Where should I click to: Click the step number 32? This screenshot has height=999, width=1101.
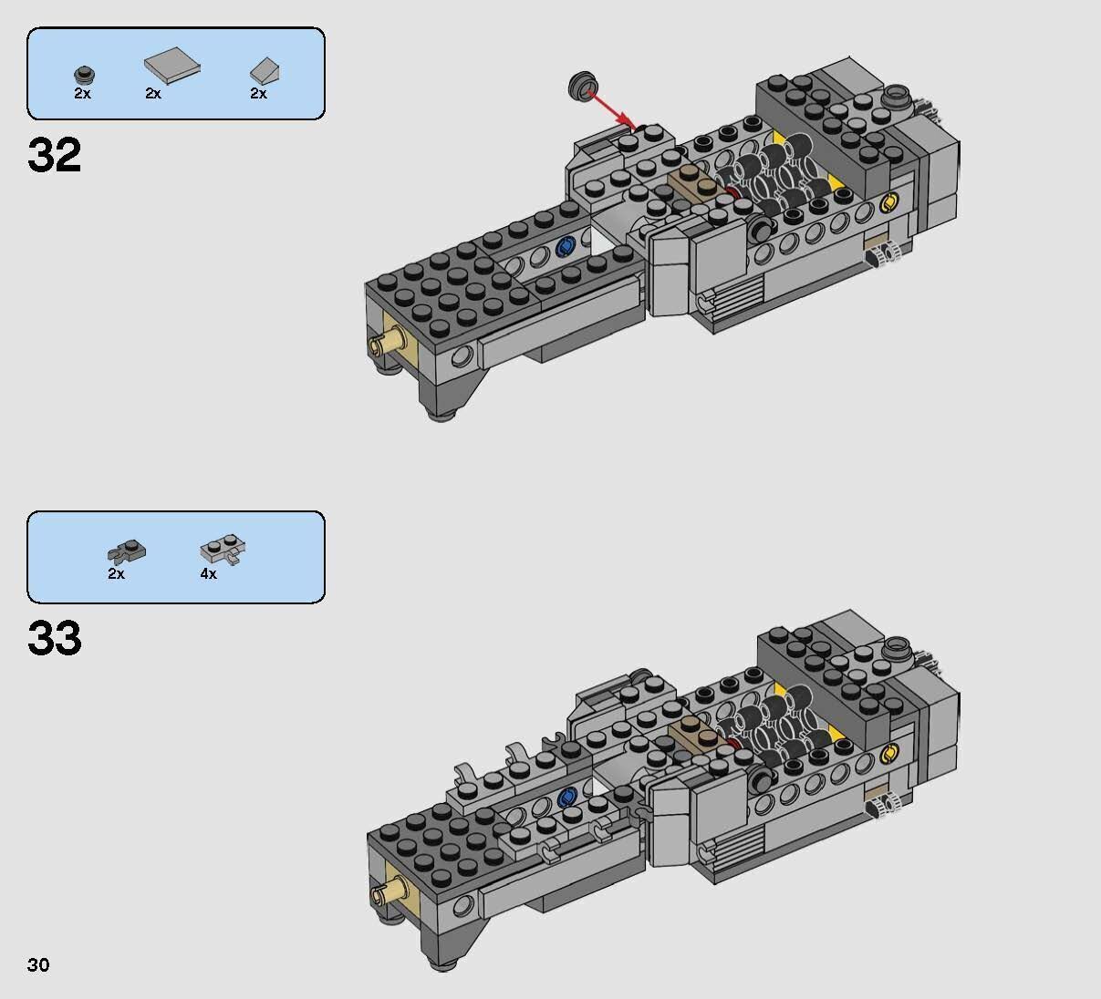(x=55, y=156)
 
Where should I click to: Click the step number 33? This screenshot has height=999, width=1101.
(x=55, y=639)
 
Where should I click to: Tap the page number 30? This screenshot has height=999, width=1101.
(x=38, y=964)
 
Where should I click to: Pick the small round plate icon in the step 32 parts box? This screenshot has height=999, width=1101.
(x=84, y=75)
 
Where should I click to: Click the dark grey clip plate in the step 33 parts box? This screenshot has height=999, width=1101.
(x=127, y=551)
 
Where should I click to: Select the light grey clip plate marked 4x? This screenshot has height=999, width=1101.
(x=223, y=552)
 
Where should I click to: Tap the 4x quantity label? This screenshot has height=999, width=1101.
(x=209, y=574)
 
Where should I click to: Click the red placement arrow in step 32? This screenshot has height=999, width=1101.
(x=611, y=105)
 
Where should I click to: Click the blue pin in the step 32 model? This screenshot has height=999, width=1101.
(x=565, y=247)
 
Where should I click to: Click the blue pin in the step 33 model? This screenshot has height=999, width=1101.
(x=566, y=798)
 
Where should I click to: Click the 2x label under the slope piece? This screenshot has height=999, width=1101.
(x=258, y=94)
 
